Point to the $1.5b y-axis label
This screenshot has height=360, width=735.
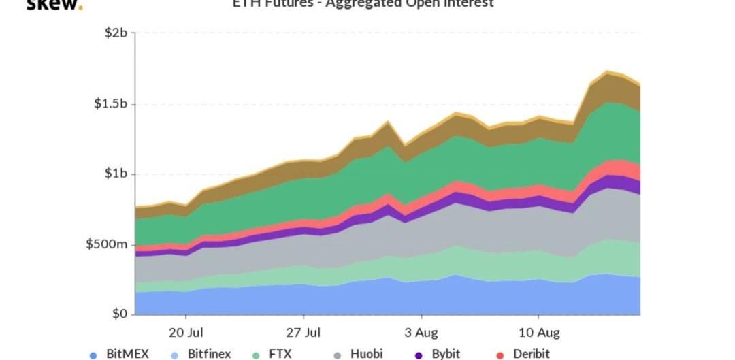click(110, 104)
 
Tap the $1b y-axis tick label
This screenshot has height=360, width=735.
click(115, 174)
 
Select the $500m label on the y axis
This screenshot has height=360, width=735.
click(106, 244)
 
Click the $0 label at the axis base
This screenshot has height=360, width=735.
click(120, 314)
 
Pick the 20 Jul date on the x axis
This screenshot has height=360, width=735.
click(186, 333)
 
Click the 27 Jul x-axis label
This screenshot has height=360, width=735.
click(304, 333)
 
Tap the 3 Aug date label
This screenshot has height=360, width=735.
click(421, 333)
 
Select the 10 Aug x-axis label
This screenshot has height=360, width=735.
click(539, 333)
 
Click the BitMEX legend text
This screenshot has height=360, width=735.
click(127, 354)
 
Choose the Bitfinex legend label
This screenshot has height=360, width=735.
click(209, 354)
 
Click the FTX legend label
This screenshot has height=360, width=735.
click(280, 354)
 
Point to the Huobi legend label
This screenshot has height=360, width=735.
click(366, 354)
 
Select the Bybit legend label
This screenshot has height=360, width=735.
click(446, 354)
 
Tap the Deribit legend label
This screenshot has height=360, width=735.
click(530, 354)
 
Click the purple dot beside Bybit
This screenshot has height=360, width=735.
click(419, 355)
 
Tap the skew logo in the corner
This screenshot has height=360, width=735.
click(54, 4)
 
